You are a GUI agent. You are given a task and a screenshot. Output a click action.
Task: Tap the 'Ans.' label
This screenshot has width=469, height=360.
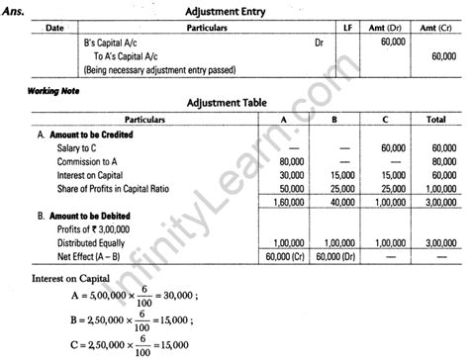(18, 9)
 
